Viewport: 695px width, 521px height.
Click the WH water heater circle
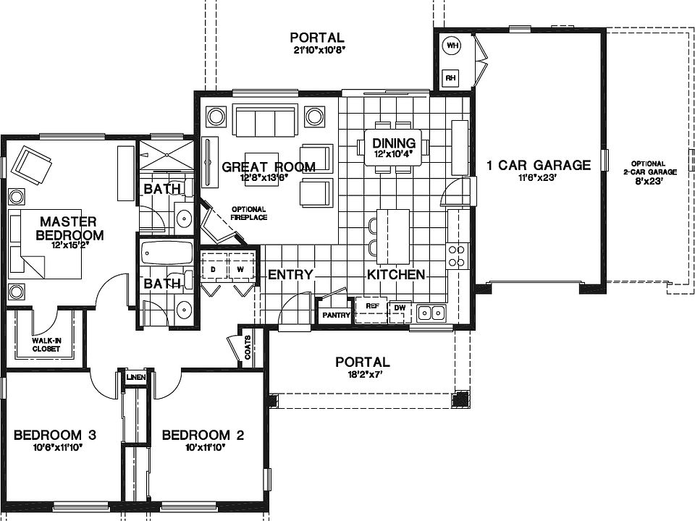[x=452, y=46]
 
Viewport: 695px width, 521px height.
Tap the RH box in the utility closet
[x=450, y=77]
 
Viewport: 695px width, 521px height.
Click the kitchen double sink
[x=432, y=313]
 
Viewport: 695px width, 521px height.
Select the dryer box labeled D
[x=214, y=269]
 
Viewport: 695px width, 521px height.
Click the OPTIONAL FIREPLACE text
[x=249, y=213]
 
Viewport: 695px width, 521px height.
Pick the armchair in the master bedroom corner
[x=32, y=165]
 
